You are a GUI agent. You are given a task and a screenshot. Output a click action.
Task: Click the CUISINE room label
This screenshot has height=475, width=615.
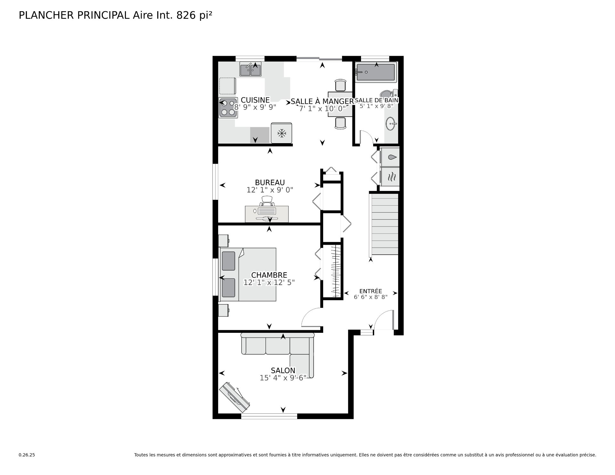click(x=255, y=100)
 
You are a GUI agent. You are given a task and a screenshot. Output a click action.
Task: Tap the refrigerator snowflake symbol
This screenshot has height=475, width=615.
click(x=282, y=133)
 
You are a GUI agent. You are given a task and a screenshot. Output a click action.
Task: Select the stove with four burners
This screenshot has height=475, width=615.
click(x=228, y=107)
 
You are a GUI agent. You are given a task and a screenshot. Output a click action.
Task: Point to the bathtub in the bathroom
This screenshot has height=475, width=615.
click(x=376, y=72)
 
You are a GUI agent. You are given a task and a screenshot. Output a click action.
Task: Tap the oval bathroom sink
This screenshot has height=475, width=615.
click(x=391, y=124)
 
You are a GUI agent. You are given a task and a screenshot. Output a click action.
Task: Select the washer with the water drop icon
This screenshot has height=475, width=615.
click(x=389, y=157)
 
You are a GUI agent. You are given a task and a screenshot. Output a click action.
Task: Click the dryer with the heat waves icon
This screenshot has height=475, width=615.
click(x=389, y=176)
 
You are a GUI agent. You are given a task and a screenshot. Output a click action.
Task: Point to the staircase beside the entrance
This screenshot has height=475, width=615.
click(x=384, y=224)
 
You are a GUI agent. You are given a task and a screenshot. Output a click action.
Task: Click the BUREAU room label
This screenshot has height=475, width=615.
click(x=270, y=183)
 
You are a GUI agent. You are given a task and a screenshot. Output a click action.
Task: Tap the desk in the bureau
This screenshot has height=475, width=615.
click(x=267, y=214)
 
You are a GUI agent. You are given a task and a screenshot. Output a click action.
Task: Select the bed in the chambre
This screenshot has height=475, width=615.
click(x=248, y=274)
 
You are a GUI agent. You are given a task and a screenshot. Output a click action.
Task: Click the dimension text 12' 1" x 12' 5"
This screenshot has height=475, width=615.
click(x=269, y=283)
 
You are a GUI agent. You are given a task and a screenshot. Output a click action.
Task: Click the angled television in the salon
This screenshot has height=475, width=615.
click(x=234, y=397)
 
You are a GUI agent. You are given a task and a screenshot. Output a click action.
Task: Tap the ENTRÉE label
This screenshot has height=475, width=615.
click(x=371, y=291)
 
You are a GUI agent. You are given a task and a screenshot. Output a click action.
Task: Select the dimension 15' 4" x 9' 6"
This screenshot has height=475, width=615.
click(x=283, y=378)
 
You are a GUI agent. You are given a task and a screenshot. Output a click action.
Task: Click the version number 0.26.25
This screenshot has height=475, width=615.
click(x=27, y=455)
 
